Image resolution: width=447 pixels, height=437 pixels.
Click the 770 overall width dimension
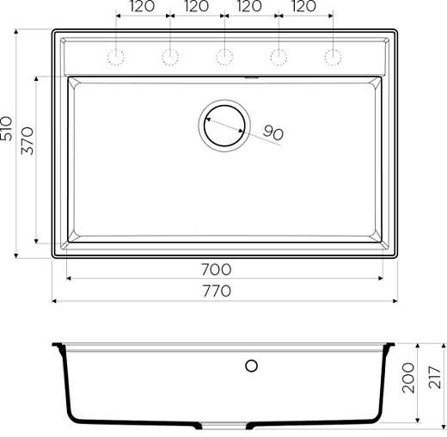coord(217,291)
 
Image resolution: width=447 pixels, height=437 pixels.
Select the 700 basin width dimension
coord(217,269)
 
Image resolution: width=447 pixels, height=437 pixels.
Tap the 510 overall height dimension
coord(8,130)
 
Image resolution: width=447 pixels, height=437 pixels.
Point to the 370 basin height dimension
coord(27,140)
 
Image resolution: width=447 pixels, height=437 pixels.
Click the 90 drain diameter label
coord(272,132)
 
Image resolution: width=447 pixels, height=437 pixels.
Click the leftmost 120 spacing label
coord(142,7)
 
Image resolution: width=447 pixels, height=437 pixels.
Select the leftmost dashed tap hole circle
coord(115,58)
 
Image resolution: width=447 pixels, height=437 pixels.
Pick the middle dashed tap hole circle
coord(224,58)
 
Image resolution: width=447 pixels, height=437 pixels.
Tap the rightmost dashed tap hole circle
coord(333,58)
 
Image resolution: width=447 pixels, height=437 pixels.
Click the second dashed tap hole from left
coord(170,58)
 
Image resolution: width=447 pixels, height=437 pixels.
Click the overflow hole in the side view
coord(252,366)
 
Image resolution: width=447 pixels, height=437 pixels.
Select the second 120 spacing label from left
coord(196,7)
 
